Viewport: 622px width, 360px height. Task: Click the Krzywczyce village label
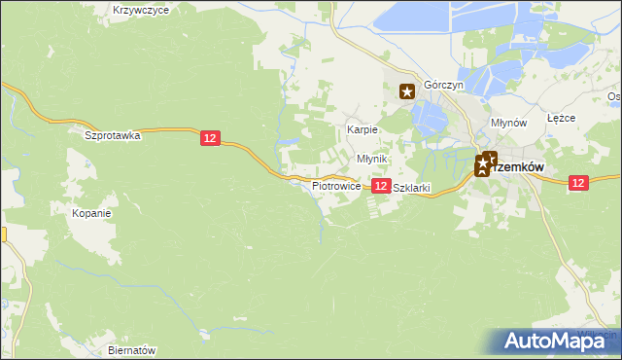[x=141, y=10]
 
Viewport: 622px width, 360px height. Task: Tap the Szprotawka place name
[x=113, y=136]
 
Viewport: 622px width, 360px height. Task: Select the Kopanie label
[x=92, y=212]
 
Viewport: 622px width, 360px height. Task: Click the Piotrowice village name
[x=336, y=185]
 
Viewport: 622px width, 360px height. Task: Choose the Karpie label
[x=363, y=129]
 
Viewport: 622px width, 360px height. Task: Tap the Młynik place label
[x=372, y=159]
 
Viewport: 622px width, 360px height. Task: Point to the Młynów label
[x=508, y=124]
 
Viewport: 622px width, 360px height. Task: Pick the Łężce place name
[x=562, y=118]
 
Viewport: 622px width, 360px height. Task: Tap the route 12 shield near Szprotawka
[x=211, y=139]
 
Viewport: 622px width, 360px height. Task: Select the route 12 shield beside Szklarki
[x=381, y=185]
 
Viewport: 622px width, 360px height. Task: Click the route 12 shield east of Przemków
[x=578, y=182]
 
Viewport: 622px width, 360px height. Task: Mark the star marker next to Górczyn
[x=408, y=92]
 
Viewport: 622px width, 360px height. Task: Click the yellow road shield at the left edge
[x=3, y=234]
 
